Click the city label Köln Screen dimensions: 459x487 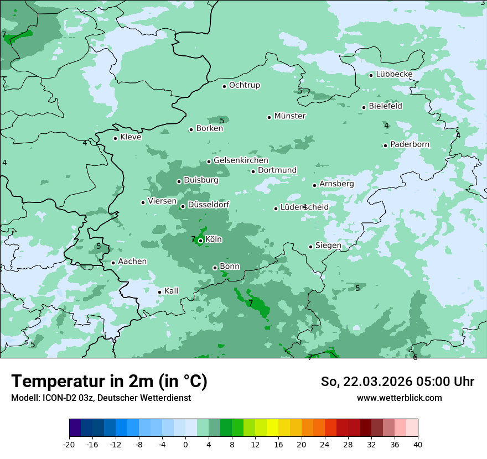click(214, 239)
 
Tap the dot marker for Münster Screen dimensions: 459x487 click(270, 117)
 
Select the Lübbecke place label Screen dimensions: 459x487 click(394, 74)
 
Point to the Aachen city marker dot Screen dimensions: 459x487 click(113, 263)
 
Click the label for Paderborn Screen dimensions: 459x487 click(410, 144)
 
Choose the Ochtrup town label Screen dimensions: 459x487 click(244, 85)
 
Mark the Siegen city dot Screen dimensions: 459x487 click(311, 247)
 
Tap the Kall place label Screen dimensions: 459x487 click(171, 291)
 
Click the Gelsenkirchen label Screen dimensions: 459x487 click(241, 160)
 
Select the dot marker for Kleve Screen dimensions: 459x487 click(116, 138)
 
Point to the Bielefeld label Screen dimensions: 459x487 click(385, 106)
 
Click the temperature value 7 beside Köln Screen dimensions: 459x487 click(193, 239)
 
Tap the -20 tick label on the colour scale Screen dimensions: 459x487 click(69, 444)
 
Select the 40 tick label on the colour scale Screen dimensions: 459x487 click(417, 444)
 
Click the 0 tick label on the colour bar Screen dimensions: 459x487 click(185, 444)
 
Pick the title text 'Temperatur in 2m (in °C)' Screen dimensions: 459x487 click(109, 381)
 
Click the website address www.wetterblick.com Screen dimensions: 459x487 click(399, 398)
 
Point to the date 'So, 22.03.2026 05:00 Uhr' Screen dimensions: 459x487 click(397, 382)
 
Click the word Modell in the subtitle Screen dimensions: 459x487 click(24, 398)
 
